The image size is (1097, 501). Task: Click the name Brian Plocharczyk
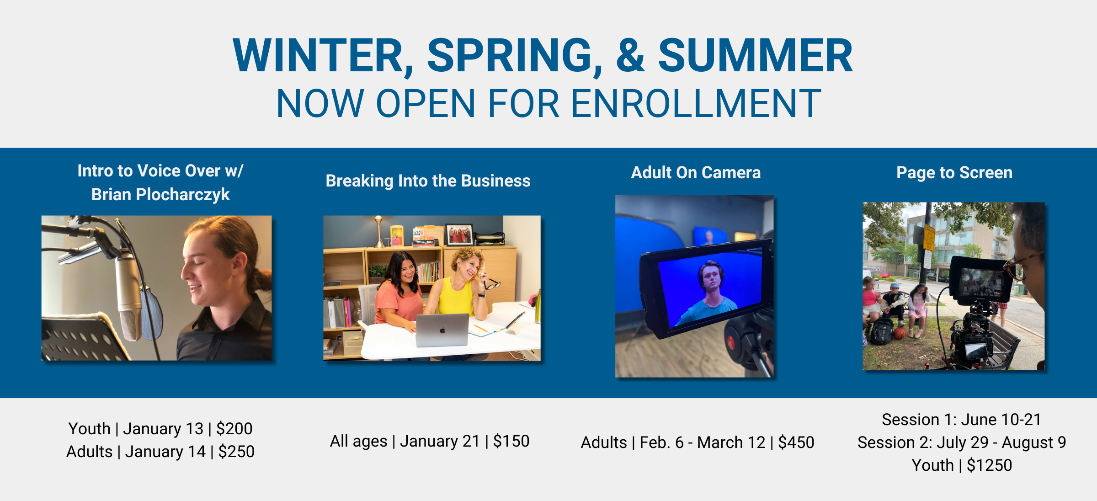(x=160, y=195)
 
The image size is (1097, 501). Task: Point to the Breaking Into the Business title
(x=428, y=181)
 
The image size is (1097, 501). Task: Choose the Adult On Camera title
(x=696, y=173)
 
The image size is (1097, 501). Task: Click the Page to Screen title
(x=954, y=173)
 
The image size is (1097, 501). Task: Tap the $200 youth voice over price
(x=234, y=429)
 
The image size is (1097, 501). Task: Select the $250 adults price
(x=236, y=452)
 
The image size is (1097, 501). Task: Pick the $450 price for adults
(x=796, y=442)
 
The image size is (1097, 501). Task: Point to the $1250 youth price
(x=990, y=465)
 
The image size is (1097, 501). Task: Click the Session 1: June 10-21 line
(x=961, y=420)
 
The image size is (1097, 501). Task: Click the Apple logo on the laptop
(x=442, y=330)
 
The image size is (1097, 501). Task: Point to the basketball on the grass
(x=900, y=333)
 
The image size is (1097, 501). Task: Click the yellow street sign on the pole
(x=929, y=237)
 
